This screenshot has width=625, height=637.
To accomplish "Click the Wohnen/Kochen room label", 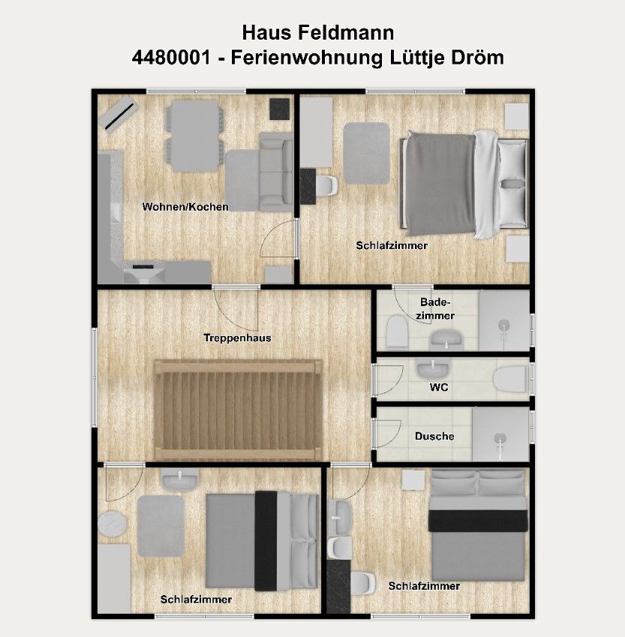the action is tap(185, 207).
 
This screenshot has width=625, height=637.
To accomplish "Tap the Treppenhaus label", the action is tap(237, 338).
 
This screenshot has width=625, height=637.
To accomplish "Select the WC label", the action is tap(439, 387).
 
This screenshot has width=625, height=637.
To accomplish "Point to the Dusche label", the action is tap(434, 437).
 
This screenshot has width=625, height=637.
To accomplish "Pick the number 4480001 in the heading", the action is tap(171, 57).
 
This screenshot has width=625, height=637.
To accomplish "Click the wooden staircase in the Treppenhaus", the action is tap(238, 410).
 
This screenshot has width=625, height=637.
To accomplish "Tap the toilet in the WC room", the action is tap(511, 379).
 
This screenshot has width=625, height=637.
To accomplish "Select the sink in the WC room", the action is tap(433, 368).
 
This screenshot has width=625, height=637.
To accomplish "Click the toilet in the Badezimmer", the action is tap(397, 332).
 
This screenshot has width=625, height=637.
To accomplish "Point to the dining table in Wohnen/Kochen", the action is tap(195, 136).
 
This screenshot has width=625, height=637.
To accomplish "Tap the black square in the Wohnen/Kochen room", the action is tap(280, 109).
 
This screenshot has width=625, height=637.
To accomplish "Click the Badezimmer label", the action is tap(435, 309).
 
